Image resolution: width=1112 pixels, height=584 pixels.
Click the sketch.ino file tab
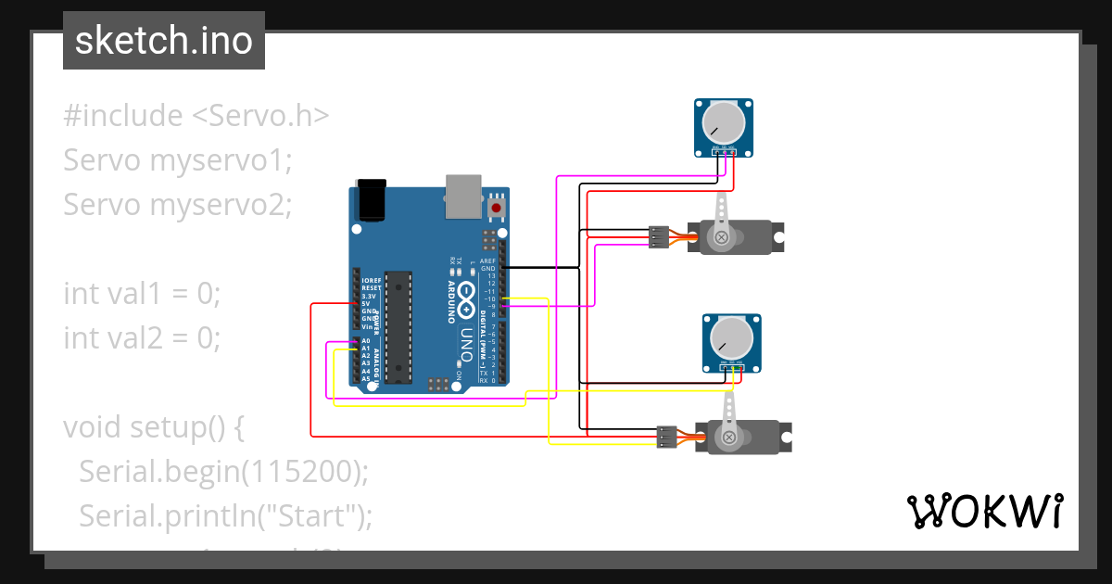coord(164,41)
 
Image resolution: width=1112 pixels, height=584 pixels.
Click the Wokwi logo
coord(983,511)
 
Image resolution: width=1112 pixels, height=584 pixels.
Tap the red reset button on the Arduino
coord(498,209)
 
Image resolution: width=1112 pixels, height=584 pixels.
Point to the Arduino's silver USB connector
coord(463,196)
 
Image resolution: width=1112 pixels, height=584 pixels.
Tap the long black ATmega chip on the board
coord(398,326)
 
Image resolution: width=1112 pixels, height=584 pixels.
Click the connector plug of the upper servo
coord(659,237)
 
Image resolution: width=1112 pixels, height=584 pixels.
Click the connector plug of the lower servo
coord(666,437)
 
